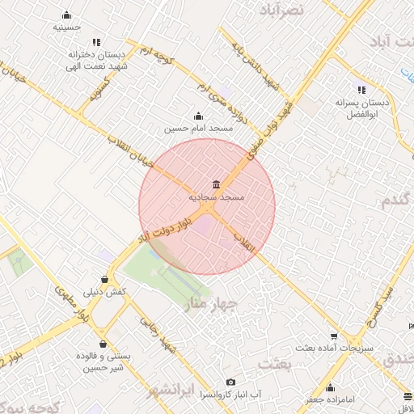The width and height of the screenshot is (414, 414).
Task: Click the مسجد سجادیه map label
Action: tap(216, 196)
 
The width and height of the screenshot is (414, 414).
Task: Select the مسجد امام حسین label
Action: tap(199, 129)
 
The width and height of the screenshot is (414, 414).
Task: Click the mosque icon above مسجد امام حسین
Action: tap(199, 116)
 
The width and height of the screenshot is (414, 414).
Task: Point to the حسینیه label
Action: tap(66, 27)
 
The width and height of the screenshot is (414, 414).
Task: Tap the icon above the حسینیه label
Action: tap(66, 15)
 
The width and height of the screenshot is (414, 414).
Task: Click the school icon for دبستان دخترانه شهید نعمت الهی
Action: tap(96, 42)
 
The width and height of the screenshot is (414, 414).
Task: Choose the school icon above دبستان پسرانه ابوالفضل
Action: tap(361, 91)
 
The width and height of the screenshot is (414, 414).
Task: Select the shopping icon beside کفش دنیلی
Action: tap(105, 280)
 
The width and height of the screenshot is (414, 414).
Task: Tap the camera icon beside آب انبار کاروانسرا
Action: tap(231, 382)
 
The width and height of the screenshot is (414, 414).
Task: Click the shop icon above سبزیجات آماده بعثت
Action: tap(333, 336)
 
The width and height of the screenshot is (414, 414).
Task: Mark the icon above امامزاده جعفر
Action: tap(329, 387)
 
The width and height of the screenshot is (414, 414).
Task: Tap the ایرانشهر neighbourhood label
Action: tap(173, 391)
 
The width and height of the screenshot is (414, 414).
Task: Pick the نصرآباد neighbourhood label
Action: tap(281, 10)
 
